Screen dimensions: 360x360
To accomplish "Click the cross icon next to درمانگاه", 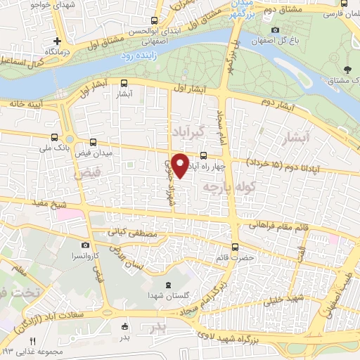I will pyautogui.click(x=56, y=41).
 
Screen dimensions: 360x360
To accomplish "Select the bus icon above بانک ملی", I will pyautogui.click(x=55, y=138).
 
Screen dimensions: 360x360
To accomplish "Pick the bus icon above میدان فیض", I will pyautogui.click(x=94, y=143).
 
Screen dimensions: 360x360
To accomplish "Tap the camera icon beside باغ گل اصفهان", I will pyautogui.click(x=275, y=30).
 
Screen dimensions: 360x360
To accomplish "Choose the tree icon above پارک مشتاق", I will pyautogui.click(x=347, y=70).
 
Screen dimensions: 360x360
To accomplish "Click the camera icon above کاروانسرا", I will pyautogui.click(x=85, y=245).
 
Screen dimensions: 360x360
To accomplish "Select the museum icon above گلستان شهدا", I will pyautogui.click(x=167, y=285).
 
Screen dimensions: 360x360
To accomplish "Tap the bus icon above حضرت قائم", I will pyautogui.click(x=235, y=247).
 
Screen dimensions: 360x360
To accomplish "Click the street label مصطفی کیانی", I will pyautogui.click(x=127, y=230).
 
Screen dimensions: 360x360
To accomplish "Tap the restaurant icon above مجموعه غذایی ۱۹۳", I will pyautogui.click(x=32, y=340).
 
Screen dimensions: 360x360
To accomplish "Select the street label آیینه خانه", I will pyautogui.click(x=21, y=103).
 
